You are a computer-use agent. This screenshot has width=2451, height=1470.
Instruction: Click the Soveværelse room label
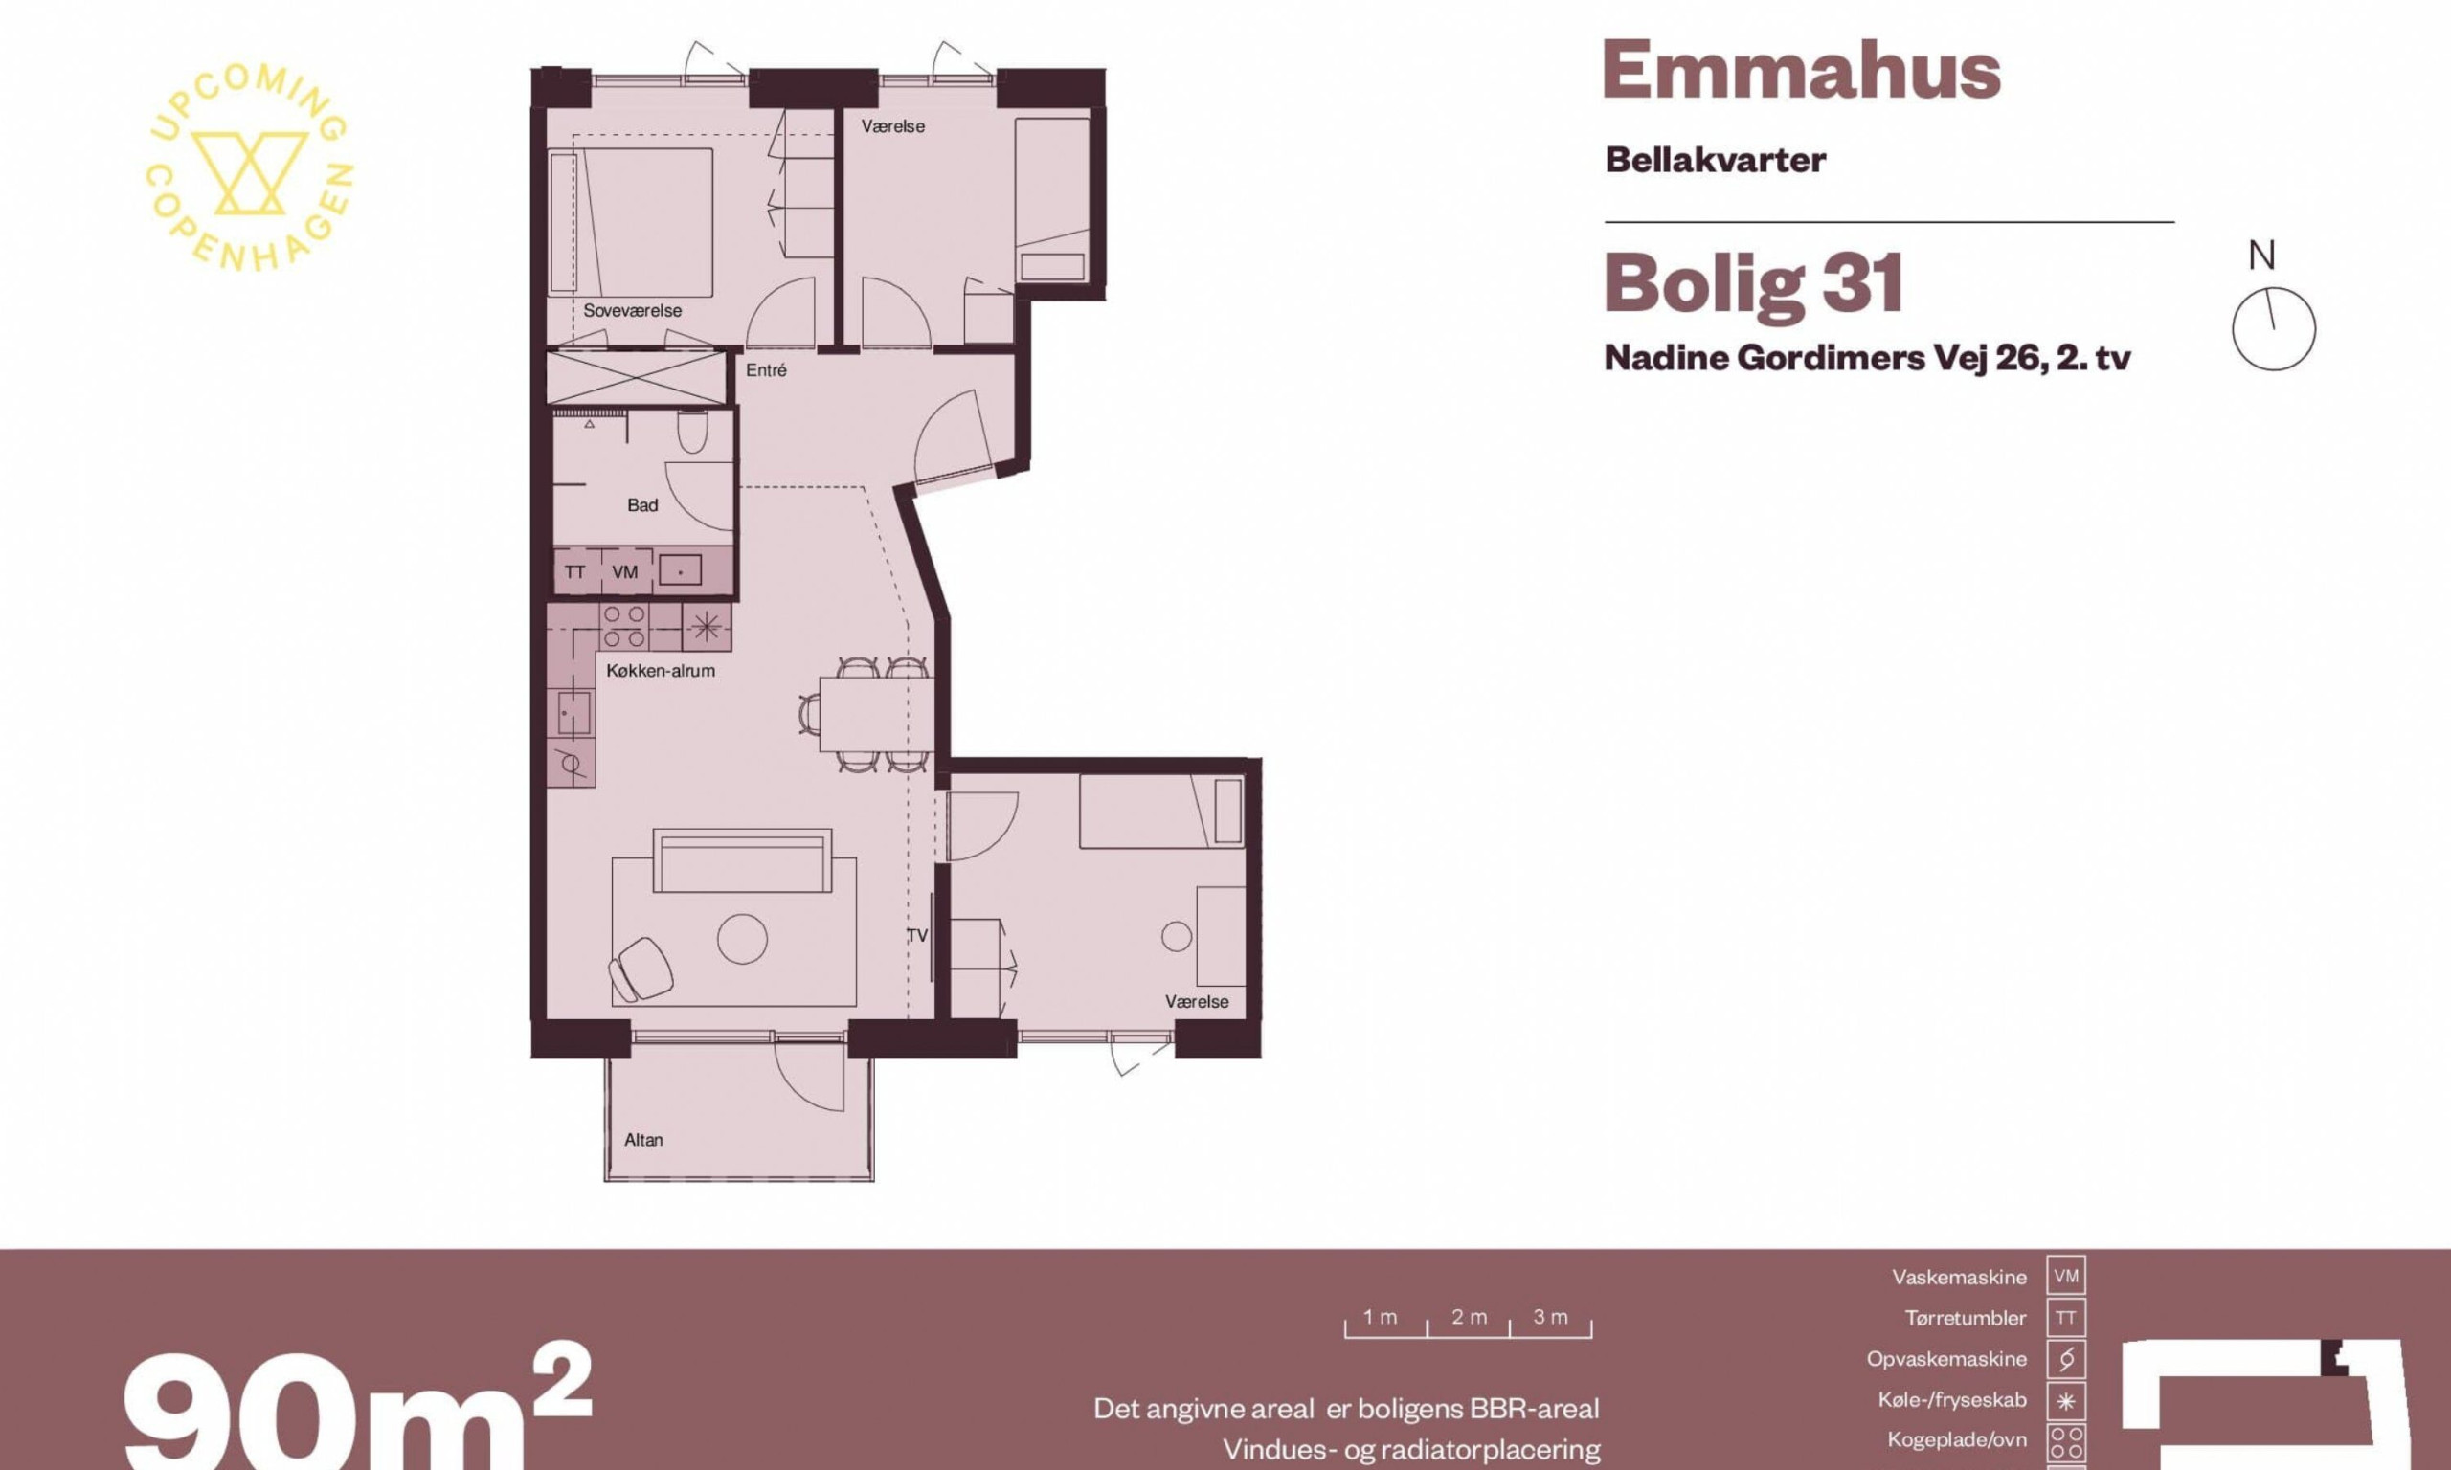click(x=632, y=311)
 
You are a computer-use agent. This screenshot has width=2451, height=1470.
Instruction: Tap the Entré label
click(x=766, y=370)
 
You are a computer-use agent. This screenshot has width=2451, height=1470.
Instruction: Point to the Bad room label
click(x=642, y=505)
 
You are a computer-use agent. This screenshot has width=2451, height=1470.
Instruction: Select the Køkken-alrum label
click(x=660, y=671)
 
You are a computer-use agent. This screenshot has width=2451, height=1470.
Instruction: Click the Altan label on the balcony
click(x=643, y=1140)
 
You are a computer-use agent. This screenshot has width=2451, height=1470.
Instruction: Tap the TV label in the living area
click(x=916, y=935)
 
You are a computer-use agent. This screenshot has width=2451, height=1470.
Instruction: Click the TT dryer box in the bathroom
click(x=575, y=571)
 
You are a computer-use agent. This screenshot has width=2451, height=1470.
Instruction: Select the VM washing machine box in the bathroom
click(x=625, y=571)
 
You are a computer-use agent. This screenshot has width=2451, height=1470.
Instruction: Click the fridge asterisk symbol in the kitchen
click(x=707, y=626)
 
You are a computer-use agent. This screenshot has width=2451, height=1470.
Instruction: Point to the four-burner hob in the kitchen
click(x=625, y=627)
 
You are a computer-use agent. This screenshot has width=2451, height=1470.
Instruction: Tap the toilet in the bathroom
click(x=692, y=431)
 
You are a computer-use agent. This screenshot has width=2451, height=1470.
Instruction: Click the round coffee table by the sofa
click(x=742, y=937)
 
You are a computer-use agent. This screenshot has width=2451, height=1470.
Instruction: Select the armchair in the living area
click(x=640, y=968)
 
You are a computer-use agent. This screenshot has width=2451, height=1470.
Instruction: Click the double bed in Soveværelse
click(x=631, y=223)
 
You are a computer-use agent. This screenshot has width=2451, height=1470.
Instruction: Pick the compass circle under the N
click(x=2274, y=329)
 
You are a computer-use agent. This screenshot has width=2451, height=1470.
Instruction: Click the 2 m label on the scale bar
click(x=1470, y=1318)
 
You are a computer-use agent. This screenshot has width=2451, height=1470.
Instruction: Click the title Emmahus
click(x=1801, y=70)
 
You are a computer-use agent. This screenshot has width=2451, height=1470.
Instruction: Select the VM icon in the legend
click(x=2065, y=1277)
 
